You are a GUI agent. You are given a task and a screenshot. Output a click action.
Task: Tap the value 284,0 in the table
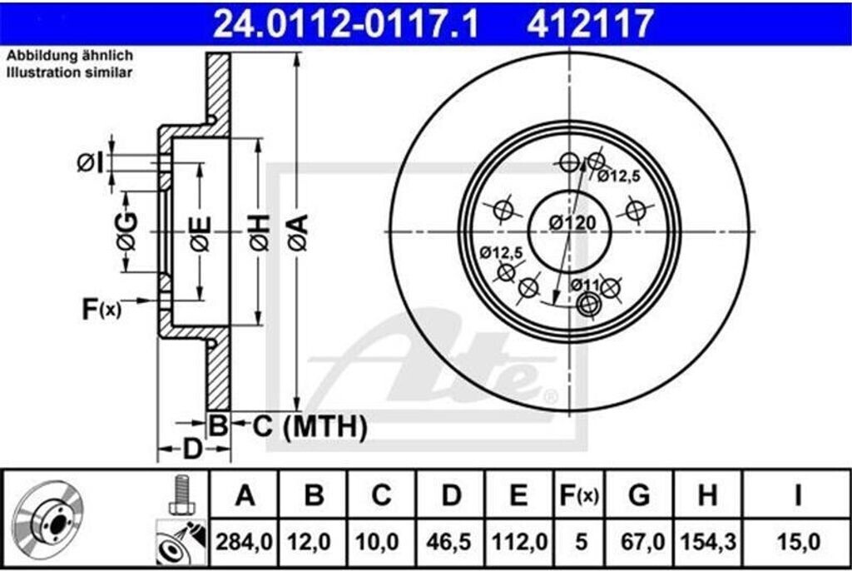point(244,542)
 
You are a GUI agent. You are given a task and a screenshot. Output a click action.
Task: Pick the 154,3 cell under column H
point(708,542)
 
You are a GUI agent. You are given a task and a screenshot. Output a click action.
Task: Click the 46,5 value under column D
point(449,542)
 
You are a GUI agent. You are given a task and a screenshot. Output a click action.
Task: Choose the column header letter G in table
point(639,495)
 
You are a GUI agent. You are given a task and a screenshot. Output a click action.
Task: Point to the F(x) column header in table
point(579,495)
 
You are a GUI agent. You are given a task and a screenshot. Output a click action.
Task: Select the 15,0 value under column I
point(798,542)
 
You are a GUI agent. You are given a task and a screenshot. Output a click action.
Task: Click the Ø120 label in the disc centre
point(572,222)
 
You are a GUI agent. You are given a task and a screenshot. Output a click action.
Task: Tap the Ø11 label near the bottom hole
point(585,285)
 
